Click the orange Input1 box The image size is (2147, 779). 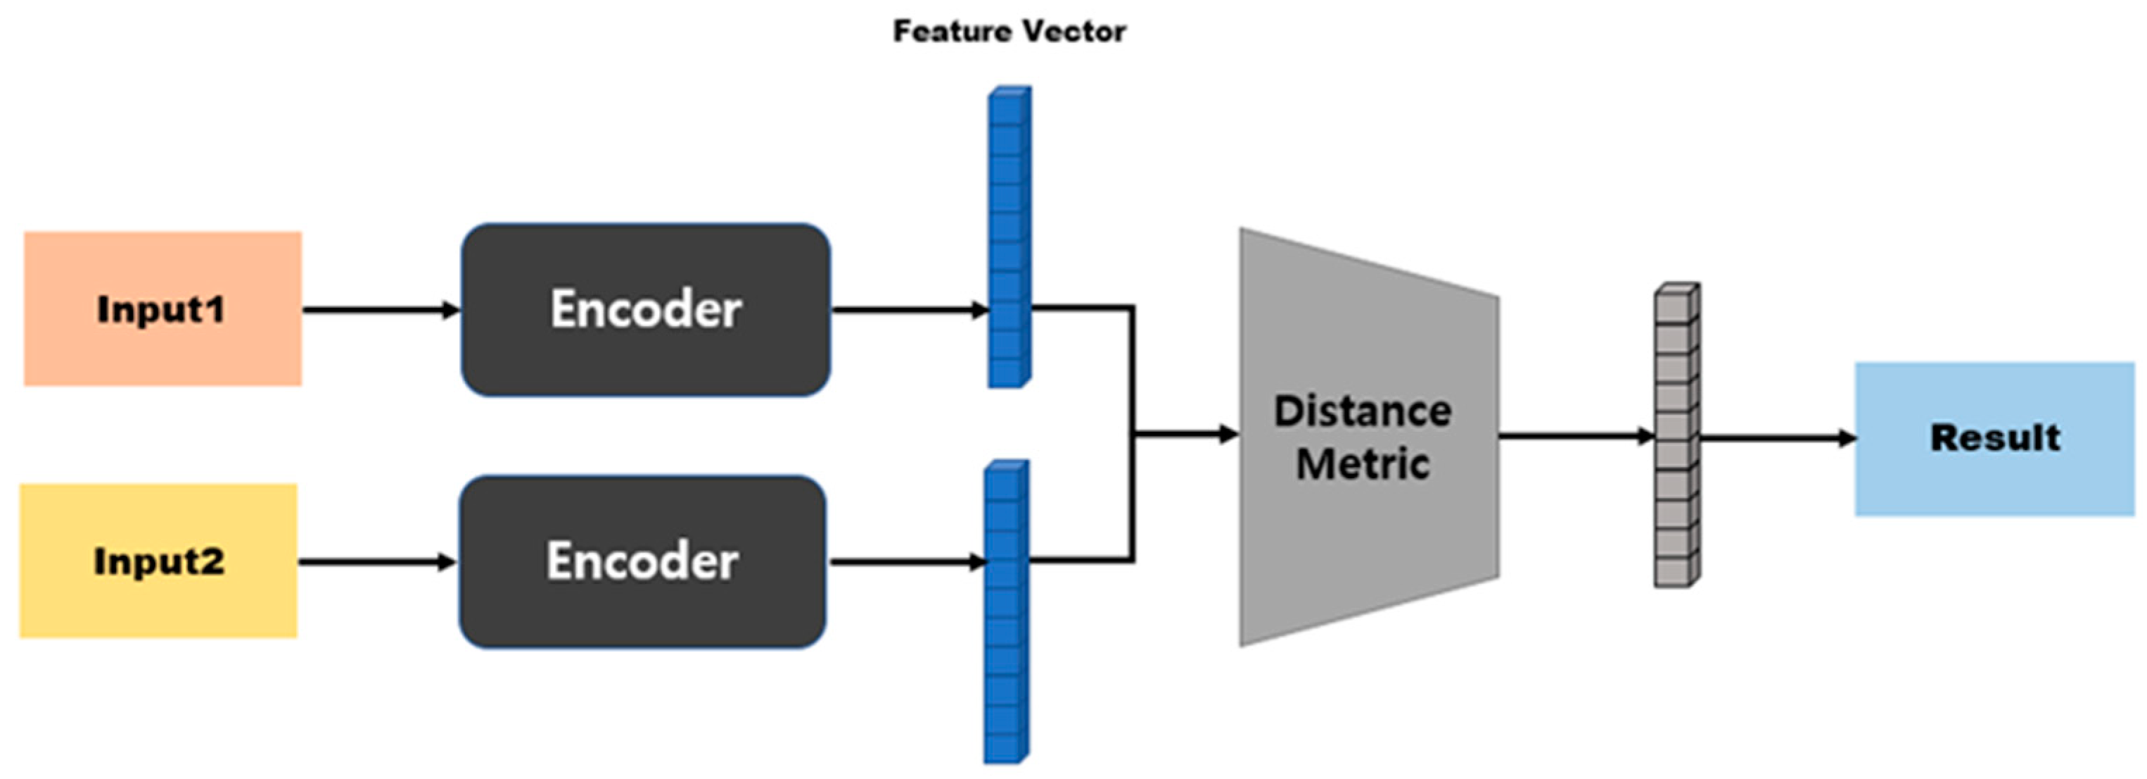[x=163, y=309]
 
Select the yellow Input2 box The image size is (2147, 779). [x=158, y=561]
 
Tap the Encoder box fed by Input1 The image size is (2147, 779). [x=646, y=309]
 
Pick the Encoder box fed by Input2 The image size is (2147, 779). [x=642, y=561]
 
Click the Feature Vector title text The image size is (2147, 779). [x=1009, y=32]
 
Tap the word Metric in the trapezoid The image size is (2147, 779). [x=1363, y=463]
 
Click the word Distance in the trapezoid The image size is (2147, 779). [x=1363, y=411]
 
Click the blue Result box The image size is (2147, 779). [x=1994, y=439]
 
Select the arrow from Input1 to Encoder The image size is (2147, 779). [x=379, y=311]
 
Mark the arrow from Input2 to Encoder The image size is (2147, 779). [x=375, y=562]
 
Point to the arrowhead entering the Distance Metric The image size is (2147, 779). [x=1228, y=434]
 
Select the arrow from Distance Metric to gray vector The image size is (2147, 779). [x=1575, y=435]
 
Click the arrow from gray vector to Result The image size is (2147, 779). [x=1776, y=438]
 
